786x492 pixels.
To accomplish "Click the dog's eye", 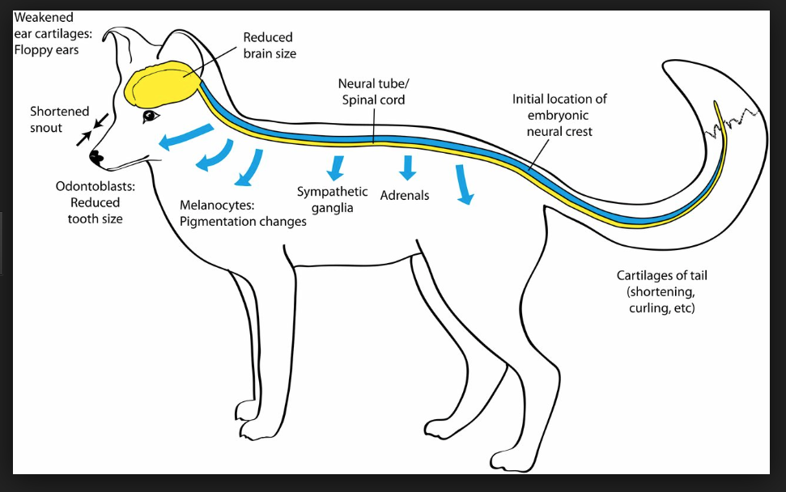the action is click(151, 117).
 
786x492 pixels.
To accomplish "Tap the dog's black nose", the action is click(96, 157).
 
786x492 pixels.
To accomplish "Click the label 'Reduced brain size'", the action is click(270, 45).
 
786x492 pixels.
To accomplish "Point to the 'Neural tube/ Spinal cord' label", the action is click(373, 91).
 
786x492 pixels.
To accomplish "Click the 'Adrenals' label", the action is click(405, 195).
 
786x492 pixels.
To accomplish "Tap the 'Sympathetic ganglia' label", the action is click(332, 199).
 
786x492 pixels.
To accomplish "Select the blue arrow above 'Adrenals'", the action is click(407, 168).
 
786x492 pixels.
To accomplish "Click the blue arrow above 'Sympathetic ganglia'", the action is click(335, 168).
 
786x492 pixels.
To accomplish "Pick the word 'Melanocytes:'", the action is click(217, 205).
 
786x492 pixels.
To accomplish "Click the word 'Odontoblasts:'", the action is click(96, 186).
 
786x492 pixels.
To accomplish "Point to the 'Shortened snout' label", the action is click(59, 119).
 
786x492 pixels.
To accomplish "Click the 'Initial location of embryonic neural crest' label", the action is click(559, 115).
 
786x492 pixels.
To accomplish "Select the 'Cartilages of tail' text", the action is click(661, 276).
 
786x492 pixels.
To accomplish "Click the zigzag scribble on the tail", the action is click(733, 123).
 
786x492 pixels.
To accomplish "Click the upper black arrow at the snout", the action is click(100, 121).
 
